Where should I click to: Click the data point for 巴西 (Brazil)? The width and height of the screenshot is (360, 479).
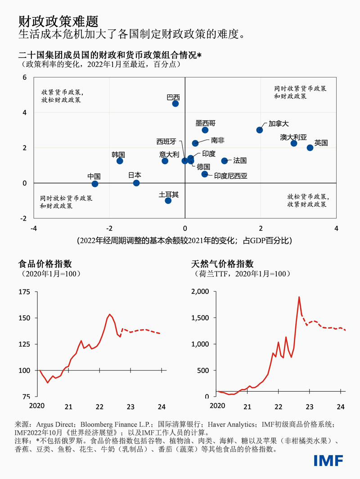[175, 104]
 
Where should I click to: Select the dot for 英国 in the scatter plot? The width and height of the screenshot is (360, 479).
[310, 148]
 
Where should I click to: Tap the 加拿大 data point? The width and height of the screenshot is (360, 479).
[260, 130]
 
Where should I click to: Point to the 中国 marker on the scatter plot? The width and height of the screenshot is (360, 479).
[95, 184]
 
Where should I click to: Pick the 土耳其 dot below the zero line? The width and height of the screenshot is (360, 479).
[168, 200]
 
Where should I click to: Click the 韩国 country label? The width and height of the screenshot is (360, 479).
[118, 154]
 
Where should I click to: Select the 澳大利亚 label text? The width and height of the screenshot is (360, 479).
[293, 137]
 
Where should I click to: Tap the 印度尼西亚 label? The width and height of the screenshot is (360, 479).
[230, 176]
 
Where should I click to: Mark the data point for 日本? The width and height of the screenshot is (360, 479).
[136, 183]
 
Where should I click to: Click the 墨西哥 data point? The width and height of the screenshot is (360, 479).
[205, 130]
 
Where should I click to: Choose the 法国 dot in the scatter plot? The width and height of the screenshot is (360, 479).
[225, 161]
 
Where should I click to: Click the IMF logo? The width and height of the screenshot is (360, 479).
[328, 460]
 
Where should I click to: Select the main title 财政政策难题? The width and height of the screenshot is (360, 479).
[58, 21]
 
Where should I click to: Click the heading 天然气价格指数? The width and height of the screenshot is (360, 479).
[222, 264]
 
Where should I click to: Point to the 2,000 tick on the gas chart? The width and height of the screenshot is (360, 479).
[199, 292]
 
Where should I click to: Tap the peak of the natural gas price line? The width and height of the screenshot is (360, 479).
[299, 297]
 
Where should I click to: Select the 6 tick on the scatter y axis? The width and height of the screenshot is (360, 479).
[25, 77]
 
